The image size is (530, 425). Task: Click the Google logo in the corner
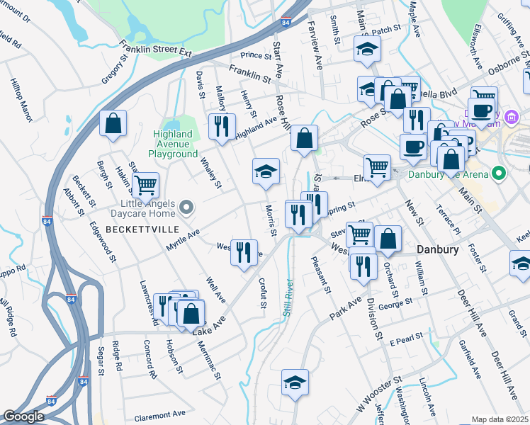tap(23, 416)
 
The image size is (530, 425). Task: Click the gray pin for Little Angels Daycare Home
tap(186, 208)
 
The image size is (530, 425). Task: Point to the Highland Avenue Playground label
tap(173, 144)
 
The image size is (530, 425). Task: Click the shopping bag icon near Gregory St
tap(113, 124)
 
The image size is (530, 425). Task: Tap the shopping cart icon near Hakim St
tap(145, 186)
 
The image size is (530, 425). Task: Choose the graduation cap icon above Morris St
tap(266, 171)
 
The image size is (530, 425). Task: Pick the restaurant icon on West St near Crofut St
tap(243, 252)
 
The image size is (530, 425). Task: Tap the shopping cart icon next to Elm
tap(377, 167)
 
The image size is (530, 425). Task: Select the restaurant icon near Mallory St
tap(222, 126)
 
